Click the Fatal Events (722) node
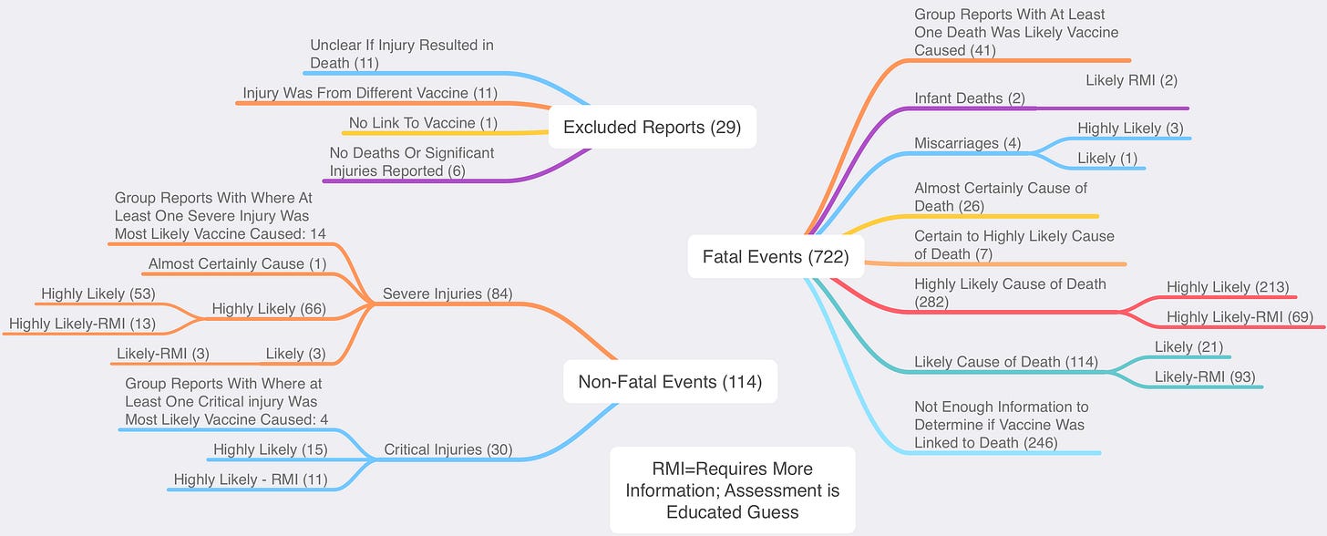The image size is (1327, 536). tap(776, 257)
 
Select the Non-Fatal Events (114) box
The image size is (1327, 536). tap(670, 381)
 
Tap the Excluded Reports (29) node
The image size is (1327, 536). tap(652, 127)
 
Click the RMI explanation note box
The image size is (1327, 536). tap(732, 490)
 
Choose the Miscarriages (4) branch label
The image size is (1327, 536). tap(967, 144)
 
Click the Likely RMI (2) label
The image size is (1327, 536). tap(1131, 80)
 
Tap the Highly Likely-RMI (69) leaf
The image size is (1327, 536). tap(1240, 317)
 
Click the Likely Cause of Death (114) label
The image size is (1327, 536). tap(1005, 362)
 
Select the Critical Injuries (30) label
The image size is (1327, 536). tap(447, 449)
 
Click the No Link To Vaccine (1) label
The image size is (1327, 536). tap(423, 123)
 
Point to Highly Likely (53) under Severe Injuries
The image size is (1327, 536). tap(98, 294)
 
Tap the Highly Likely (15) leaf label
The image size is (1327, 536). tap(270, 449)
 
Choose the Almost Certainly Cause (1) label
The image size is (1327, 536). tap(237, 264)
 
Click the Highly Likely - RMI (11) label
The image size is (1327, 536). tap(250, 479)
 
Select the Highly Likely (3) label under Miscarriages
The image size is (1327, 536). tap(1131, 129)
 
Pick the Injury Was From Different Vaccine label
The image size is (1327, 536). tap(369, 93)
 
